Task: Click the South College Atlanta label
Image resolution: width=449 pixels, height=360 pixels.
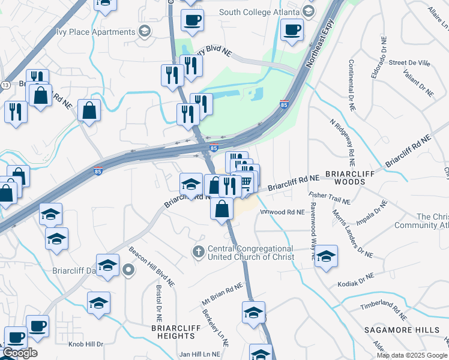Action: [259, 12]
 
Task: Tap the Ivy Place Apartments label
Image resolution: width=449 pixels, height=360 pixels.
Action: [95, 32]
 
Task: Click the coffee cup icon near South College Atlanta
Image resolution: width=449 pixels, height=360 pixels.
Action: [292, 29]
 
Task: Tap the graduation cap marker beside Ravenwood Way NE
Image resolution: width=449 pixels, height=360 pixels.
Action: [326, 256]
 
